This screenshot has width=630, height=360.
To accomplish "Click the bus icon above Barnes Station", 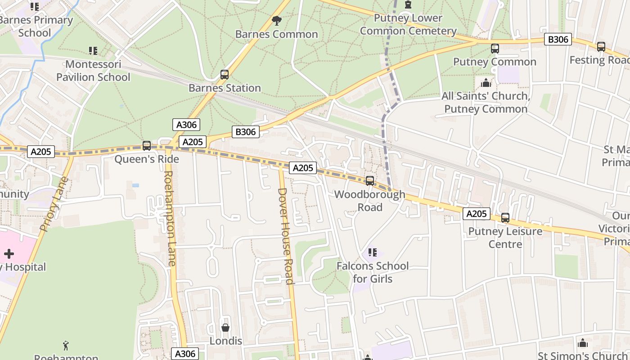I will tap(224, 75).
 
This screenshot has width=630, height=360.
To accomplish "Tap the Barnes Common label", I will tap(276, 34).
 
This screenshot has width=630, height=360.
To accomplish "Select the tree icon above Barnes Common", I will tap(276, 20).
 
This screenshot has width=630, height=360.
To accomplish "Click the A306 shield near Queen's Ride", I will tap(186, 125).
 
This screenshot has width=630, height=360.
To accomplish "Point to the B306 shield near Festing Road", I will tap(558, 40).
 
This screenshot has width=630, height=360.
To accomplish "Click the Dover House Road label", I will tap(286, 236).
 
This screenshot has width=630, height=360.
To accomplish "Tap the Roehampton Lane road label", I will tap(170, 218).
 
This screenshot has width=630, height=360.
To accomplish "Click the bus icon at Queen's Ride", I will tap(146, 146).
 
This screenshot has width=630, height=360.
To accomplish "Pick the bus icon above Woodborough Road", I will tap(369, 181).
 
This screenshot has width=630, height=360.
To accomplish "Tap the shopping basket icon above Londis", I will tap(225, 328).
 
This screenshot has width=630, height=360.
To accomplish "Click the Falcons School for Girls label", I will tap(373, 272).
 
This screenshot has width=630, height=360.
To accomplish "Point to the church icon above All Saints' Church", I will tap(486, 83).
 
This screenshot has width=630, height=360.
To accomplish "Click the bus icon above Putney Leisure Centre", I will tap(505, 218).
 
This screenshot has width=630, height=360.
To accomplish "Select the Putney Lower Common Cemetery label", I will tap(408, 25).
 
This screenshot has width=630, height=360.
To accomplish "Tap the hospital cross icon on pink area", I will tap(9, 253).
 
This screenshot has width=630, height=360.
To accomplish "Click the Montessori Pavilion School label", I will tap(93, 71).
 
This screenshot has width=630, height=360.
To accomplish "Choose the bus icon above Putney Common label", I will tap(495, 49).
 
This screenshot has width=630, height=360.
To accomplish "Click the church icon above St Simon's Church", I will tap(583, 343).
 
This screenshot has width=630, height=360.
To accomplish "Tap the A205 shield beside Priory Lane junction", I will tap(40, 152).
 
